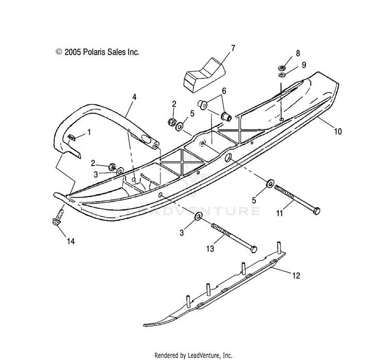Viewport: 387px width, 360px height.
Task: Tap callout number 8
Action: pos(297,53)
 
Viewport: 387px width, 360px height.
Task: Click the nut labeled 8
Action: pos(283,67)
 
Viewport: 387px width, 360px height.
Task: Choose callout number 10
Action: pos(337,132)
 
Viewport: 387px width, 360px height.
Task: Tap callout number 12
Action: pos(296,276)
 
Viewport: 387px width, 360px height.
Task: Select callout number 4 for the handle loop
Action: pos(134,96)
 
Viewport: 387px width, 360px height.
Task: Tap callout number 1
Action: pos(89,132)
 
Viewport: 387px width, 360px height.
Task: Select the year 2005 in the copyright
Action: pos(74,52)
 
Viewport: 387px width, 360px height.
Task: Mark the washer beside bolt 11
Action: pos(270,183)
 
